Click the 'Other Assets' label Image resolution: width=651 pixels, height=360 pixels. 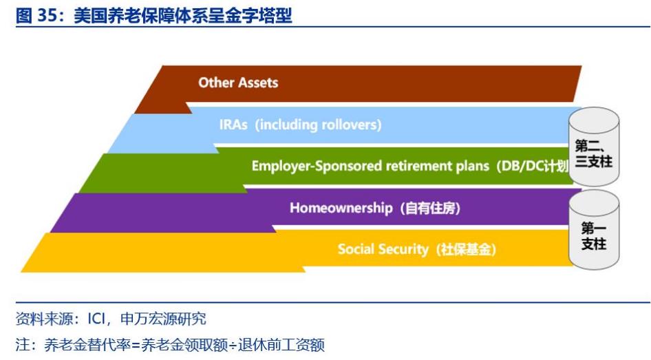pyautogui.click(x=238, y=83)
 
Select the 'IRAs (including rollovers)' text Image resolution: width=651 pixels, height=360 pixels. pyautogui.click(x=300, y=125)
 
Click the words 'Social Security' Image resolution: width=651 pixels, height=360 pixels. pyautogui.click(x=382, y=249)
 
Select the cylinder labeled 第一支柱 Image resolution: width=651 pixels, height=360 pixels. pyautogui.click(x=593, y=231)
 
